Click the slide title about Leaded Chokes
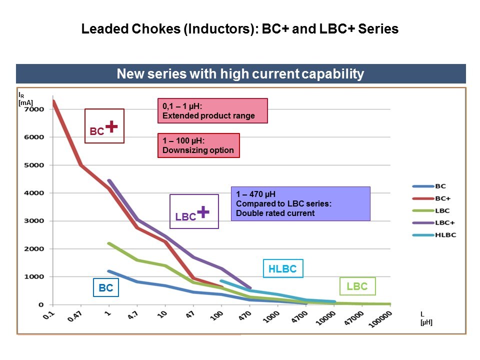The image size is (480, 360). pos(240,29)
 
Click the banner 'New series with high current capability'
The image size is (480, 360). pos(240,74)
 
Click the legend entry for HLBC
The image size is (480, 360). pos(434,235)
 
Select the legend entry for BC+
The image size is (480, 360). pos(434,198)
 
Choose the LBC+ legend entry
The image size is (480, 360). pos(434,223)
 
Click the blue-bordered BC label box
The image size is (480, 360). pos(106,288)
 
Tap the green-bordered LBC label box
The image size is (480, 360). pos(357,286)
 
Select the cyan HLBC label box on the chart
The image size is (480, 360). pos(282,269)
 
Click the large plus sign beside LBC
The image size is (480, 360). pos(202,212)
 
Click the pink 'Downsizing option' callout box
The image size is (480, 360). pos(198,145)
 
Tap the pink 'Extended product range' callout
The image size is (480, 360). pos(212,111)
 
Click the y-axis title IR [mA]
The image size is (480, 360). pos(25,98)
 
